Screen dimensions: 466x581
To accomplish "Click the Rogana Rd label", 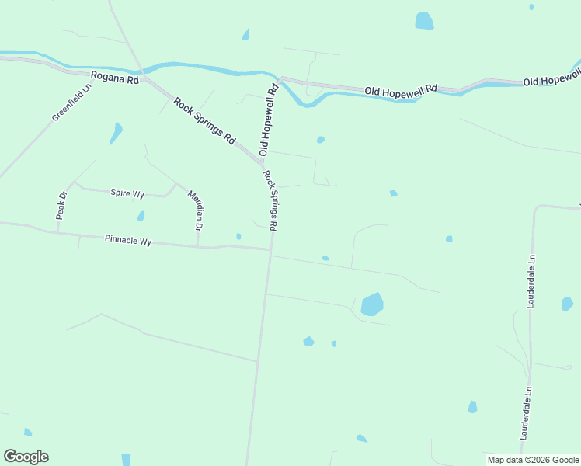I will tap(114, 78).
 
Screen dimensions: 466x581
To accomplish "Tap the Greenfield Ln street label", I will tap(72, 103).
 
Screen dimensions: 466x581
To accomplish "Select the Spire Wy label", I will tap(127, 193).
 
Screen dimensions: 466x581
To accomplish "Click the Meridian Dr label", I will tap(196, 210).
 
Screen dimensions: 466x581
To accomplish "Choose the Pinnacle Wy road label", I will tap(127, 241).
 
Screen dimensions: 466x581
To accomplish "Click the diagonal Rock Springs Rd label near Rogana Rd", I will tap(204, 120).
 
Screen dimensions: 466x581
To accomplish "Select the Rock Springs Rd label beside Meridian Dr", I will tap(270, 200).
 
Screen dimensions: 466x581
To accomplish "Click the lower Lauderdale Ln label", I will tap(527, 414).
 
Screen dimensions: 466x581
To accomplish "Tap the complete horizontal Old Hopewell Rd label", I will tap(401, 91).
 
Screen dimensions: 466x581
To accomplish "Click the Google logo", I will tap(26, 457).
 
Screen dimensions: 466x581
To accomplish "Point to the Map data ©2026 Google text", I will tap(533, 460).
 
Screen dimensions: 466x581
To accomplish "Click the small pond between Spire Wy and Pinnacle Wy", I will tap(141, 216).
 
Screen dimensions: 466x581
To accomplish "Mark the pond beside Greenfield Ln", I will tap(117, 132).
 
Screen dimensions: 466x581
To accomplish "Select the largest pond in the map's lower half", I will tap(372, 304).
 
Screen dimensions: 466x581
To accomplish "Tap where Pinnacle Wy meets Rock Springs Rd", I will tap(271, 249).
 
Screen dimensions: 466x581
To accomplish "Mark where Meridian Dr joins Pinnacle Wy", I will tap(197, 246).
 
